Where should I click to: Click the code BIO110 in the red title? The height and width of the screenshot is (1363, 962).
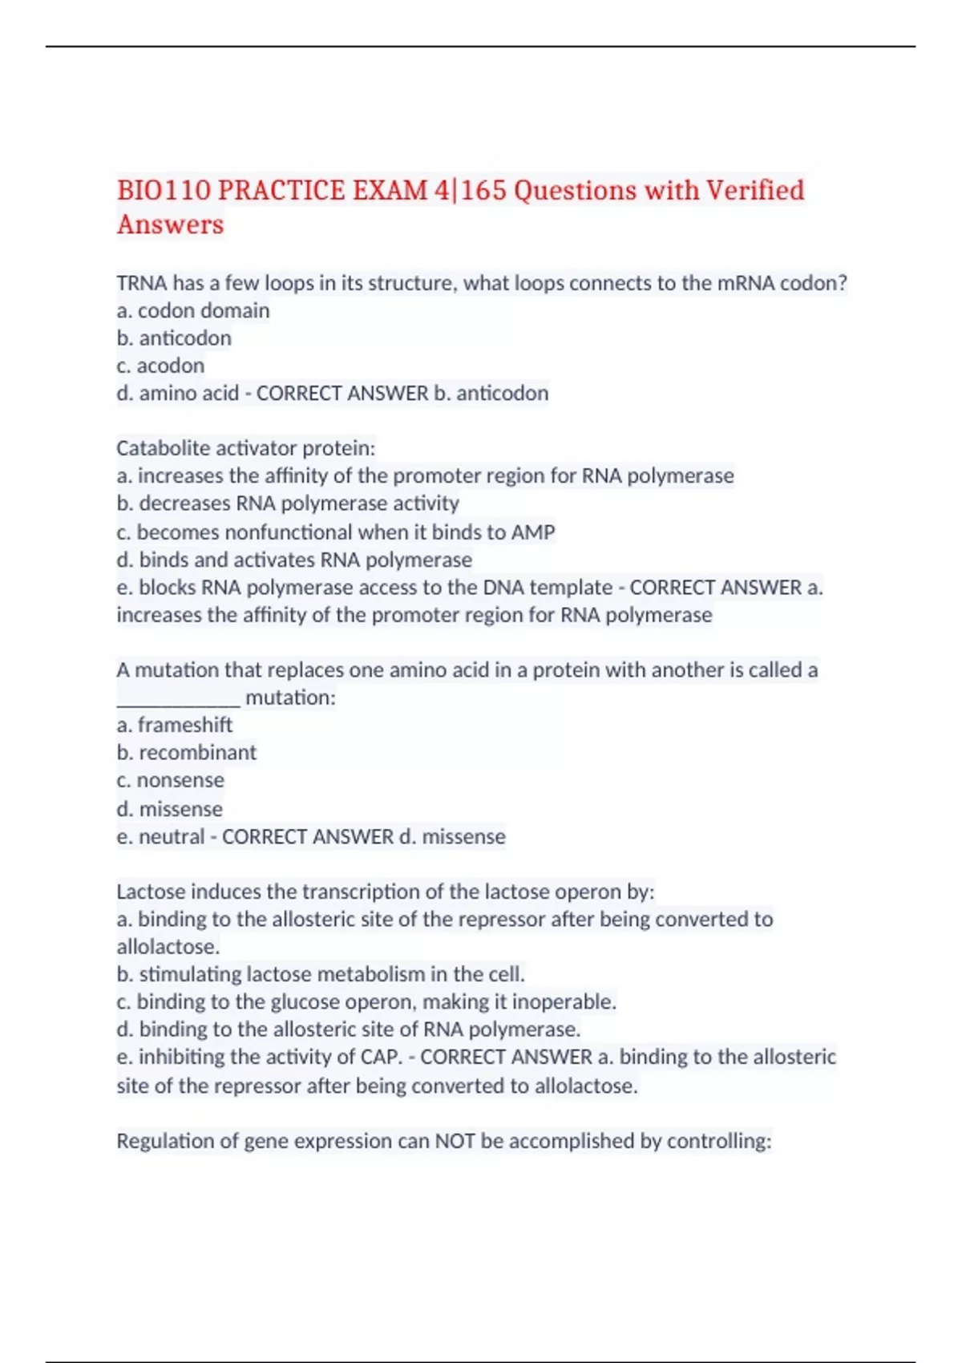pos(164,191)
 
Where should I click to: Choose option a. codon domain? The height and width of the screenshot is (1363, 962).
pos(193,311)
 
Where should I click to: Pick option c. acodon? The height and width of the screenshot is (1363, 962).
pos(160,366)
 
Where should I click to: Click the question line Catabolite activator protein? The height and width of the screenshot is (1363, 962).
pos(246,447)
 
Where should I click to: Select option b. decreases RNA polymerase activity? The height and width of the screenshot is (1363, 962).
pos(288,504)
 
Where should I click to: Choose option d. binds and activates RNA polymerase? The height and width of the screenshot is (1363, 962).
pos(294,560)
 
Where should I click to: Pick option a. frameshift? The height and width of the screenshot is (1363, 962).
pos(175,725)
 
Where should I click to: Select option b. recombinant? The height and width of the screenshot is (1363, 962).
pos(187,752)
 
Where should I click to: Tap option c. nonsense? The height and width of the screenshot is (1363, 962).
pos(170,780)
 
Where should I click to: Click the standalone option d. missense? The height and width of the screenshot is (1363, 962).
pos(169,809)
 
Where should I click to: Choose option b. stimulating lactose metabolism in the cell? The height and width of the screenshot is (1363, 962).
pos(321,974)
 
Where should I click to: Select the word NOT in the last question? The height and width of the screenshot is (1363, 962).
pos(455,1141)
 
